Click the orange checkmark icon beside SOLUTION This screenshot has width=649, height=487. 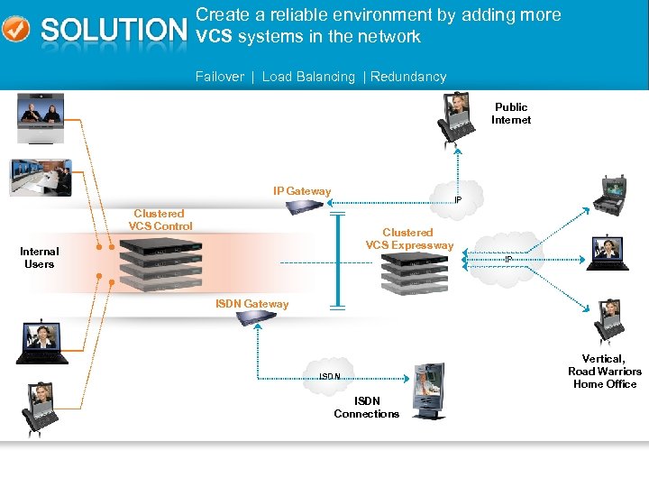15,29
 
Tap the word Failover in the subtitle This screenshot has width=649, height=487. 220,77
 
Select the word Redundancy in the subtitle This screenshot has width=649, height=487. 408,77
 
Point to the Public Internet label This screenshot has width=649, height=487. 511,114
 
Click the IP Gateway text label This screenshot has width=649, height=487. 302,191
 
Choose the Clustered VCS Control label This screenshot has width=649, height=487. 160,220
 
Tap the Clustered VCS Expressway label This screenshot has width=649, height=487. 409,239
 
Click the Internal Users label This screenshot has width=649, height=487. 39,258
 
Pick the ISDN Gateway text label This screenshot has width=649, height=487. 252,304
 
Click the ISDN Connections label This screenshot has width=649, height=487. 366,408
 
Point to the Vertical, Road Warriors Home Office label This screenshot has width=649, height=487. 605,372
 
